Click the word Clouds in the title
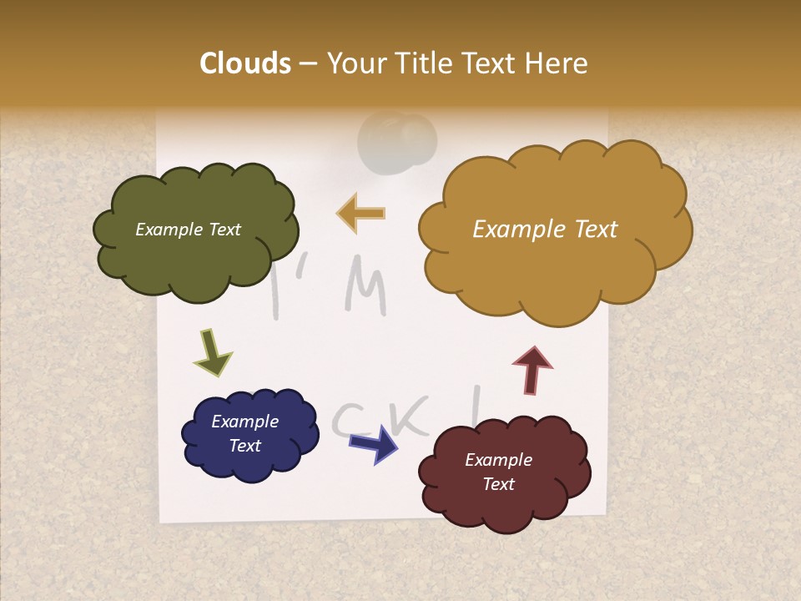(x=245, y=63)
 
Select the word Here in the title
(x=557, y=63)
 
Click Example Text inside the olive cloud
(x=188, y=230)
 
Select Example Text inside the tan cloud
(x=545, y=230)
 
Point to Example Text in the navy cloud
(x=244, y=433)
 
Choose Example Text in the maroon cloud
(x=498, y=472)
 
